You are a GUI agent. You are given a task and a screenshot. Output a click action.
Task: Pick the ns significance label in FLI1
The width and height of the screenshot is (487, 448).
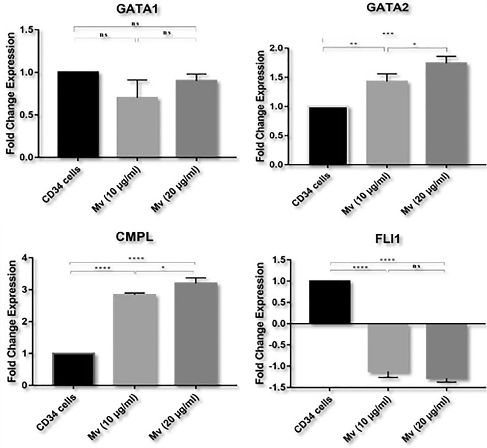pyautogui.click(x=417, y=265)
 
